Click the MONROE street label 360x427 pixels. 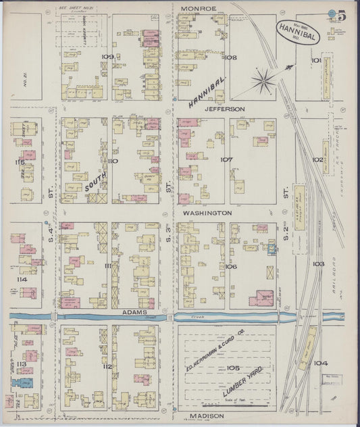tap(199, 8)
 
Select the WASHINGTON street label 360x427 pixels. tap(207, 212)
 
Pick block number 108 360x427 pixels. tap(231, 58)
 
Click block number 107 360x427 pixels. tap(226, 160)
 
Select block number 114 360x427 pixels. tap(22, 278)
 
